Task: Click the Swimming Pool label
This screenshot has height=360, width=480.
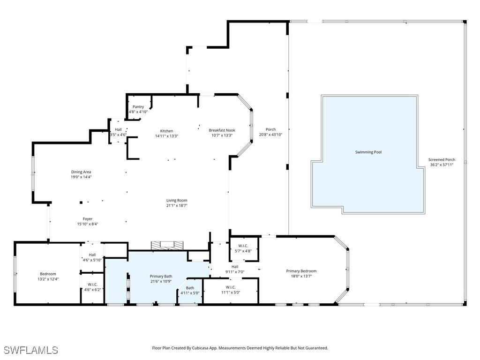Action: click(x=368, y=152)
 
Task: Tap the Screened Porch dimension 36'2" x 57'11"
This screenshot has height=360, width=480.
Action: click(x=442, y=165)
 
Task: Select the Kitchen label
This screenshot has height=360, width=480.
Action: click(x=166, y=131)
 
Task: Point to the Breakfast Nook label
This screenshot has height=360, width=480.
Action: click(x=222, y=130)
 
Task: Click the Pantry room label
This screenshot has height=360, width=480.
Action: click(x=138, y=107)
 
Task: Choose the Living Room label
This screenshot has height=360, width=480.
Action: click(x=176, y=200)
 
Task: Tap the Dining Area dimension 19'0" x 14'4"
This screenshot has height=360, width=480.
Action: click(x=81, y=177)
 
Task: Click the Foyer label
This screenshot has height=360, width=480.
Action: click(x=88, y=219)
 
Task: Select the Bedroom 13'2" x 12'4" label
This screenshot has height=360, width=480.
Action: click(x=48, y=274)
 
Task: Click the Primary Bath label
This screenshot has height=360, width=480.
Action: click(x=161, y=276)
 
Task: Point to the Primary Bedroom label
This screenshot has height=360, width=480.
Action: click(x=301, y=271)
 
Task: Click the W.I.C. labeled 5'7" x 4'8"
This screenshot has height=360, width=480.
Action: click(x=243, y=246)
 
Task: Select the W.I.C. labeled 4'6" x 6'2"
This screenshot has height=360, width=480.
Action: click(x=92, y=285)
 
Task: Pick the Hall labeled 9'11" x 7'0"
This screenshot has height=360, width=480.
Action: click(x=234, y=267)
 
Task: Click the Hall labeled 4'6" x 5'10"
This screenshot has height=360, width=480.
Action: click(x=92, y=255)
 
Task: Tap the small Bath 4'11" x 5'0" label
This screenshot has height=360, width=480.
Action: click(x=190, y=288)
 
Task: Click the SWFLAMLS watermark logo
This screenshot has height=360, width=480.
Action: click(x=30, y=350)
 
